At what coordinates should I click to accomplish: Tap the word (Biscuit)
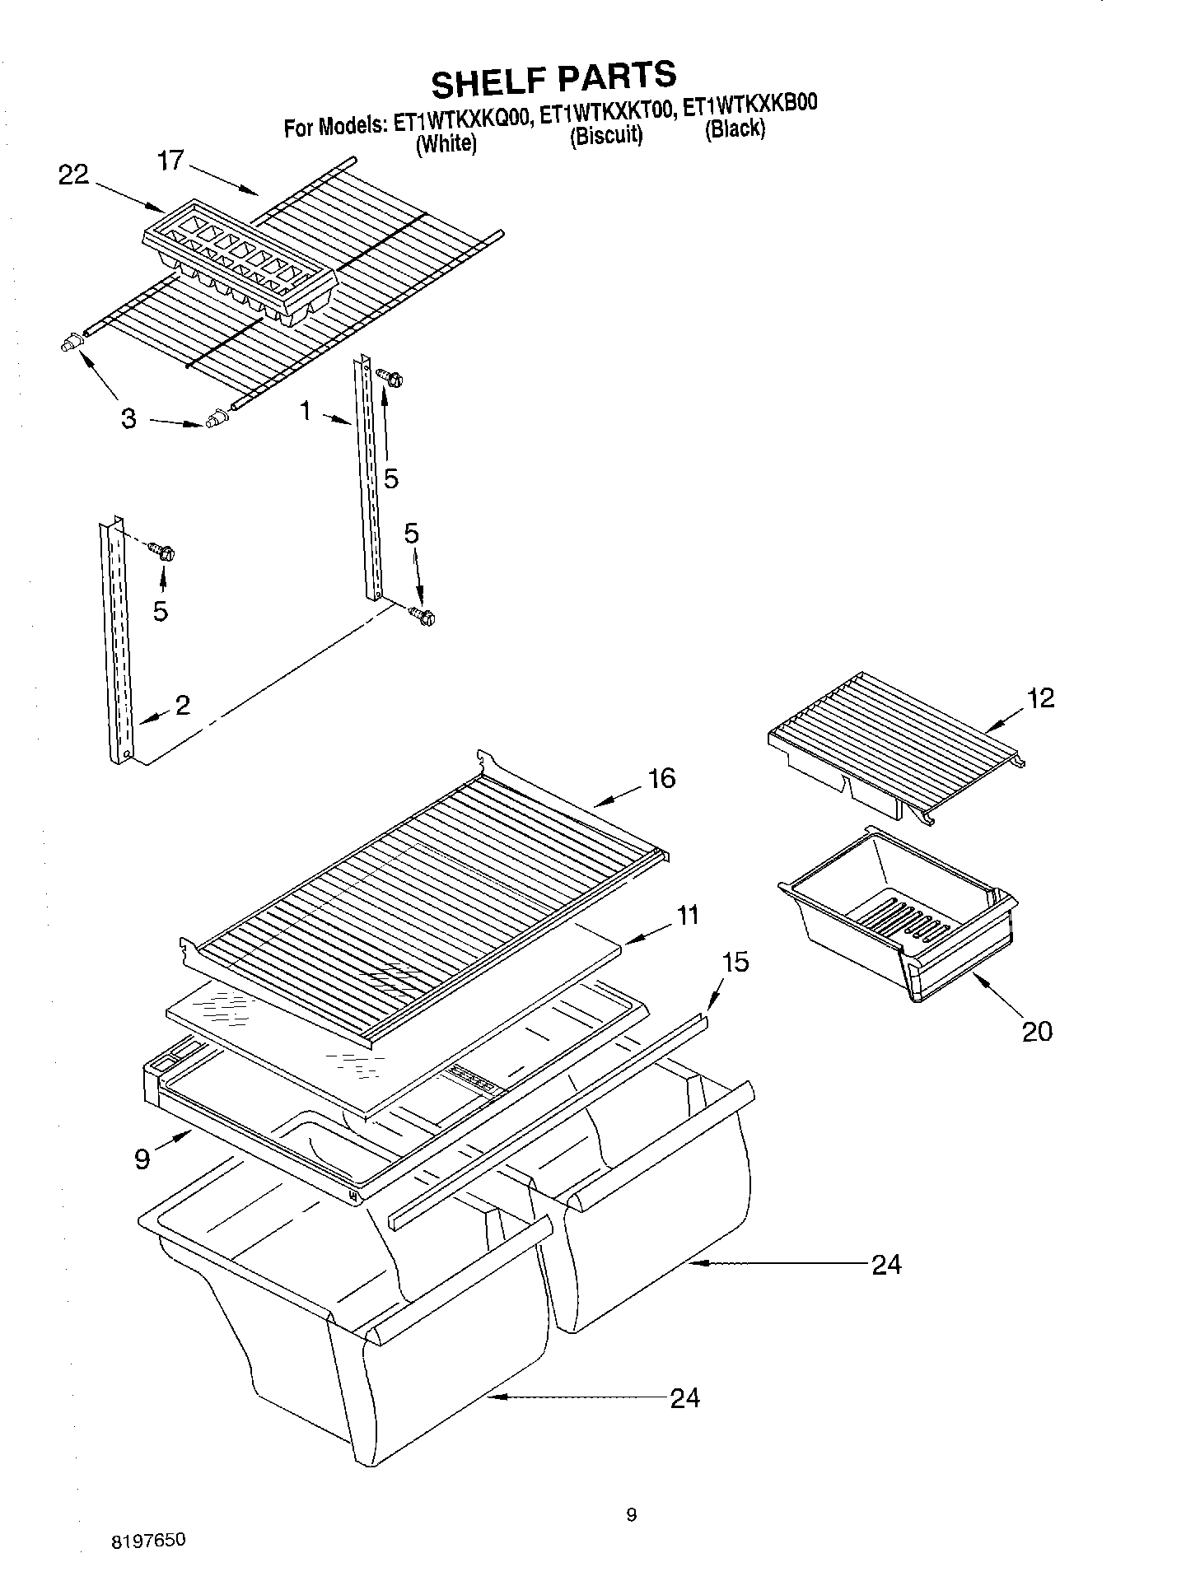[x=605, y=136]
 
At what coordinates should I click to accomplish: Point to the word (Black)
[x=735, y=128]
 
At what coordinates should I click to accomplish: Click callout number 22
[x=73, y=175]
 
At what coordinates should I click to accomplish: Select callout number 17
[x=171, y=159]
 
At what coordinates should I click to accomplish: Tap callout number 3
[x=128, y=418]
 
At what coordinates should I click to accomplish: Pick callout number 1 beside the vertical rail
[x=306, y=410]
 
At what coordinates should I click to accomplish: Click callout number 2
[x=182, y=704]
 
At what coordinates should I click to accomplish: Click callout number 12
[x=1041, y=698]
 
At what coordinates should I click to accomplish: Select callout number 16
[x=661, y=777]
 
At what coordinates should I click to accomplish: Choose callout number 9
[x=142, y=1159]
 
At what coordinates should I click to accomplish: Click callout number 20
[x=1036, y=1031]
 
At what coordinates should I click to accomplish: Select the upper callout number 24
[x=886, y=1264]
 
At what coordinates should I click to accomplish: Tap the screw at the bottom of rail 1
[x=425, y=615]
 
